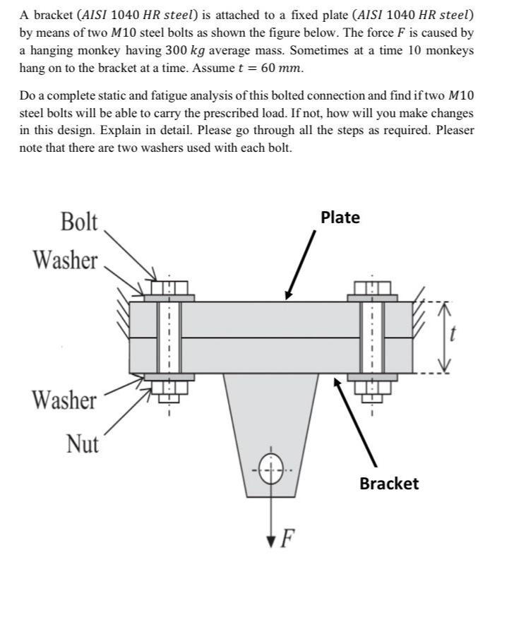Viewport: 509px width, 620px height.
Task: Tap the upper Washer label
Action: pos(65,260)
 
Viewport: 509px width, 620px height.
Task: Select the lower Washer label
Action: pos(64,400)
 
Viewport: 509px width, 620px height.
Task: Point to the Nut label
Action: pos(83,444)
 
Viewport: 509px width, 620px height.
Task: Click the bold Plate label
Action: pos(340,217)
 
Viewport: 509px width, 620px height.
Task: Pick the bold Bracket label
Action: pos(389,484)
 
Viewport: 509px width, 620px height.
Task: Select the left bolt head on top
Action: pos(169,287)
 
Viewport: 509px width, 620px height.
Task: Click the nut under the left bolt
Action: pos(169,388)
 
